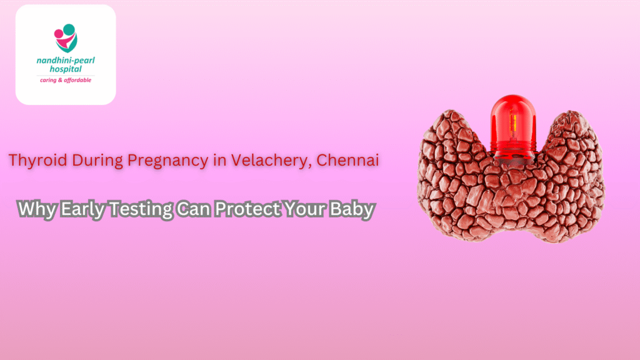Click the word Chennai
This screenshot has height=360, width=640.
(x=348, y=160)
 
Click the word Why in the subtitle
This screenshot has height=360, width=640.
(x=34, y=209)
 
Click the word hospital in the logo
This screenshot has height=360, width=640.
(x=65, y=70)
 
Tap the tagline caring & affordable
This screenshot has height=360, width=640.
(x=65, y=80)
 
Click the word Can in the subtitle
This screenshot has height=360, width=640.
(x=192, y=209)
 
